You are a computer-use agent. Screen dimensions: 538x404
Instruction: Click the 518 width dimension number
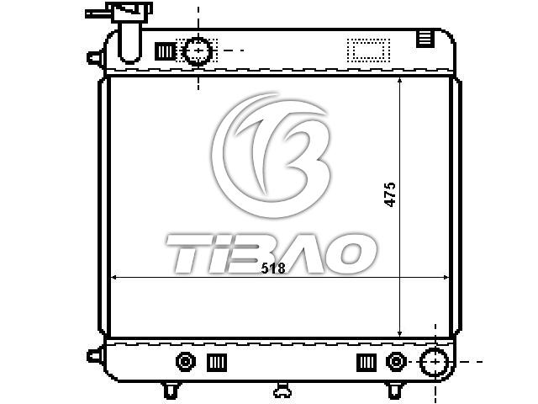[x=273, y=268]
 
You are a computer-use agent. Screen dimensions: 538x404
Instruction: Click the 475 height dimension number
[x=390, y=194]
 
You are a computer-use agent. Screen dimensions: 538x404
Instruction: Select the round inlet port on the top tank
[x=198, y=50]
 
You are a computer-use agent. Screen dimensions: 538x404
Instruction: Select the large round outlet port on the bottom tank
[x=435, y=362]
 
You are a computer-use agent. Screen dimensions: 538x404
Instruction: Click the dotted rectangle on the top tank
[x=368, y=50]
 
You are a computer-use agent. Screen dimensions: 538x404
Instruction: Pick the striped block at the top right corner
[x=425, y=39]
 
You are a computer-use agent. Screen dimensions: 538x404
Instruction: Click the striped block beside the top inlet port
[x=165, y=51]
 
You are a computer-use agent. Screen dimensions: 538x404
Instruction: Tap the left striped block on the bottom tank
[x=217, y=363]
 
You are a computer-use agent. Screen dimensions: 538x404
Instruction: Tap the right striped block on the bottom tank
[x=367, y=363]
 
